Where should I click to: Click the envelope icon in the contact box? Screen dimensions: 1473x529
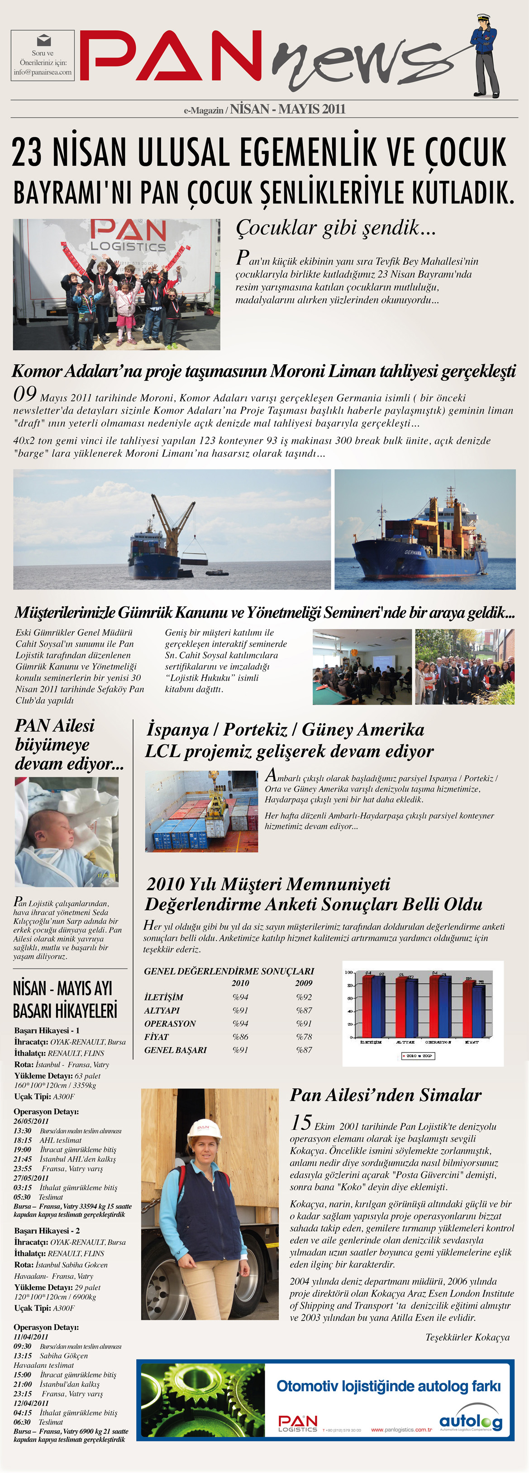43,40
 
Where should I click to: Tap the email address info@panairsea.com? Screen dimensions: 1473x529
43,72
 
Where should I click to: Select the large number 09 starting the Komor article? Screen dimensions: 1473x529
24,394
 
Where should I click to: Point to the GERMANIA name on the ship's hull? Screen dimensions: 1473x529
413,553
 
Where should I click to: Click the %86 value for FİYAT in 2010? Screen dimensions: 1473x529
240,1036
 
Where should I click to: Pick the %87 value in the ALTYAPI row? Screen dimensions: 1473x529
304,1010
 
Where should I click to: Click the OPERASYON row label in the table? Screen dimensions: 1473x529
170,1023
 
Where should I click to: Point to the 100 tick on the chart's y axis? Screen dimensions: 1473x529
348,972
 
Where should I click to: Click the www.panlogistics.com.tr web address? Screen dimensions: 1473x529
401,1430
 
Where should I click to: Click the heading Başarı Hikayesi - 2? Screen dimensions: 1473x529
47,1231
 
